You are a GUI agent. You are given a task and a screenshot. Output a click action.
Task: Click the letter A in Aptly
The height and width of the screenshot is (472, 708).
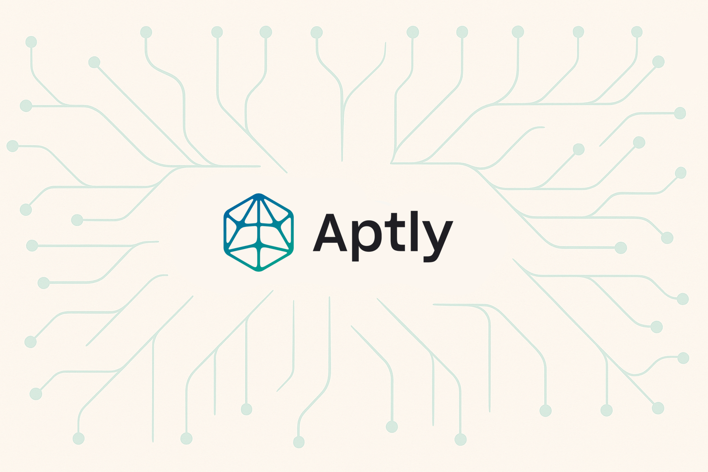point(330,233)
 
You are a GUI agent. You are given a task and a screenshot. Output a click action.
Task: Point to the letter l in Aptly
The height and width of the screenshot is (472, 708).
point(414,231)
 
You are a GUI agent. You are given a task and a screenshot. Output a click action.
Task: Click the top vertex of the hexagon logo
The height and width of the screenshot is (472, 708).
point(258,195)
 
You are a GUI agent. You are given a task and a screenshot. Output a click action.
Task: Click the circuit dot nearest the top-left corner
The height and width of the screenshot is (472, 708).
point(31,42)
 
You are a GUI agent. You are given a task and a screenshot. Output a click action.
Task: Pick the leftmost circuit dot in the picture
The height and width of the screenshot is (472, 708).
point(13,146)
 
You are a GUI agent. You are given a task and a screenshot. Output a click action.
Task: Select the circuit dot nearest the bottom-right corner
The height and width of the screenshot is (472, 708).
point(658,408)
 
